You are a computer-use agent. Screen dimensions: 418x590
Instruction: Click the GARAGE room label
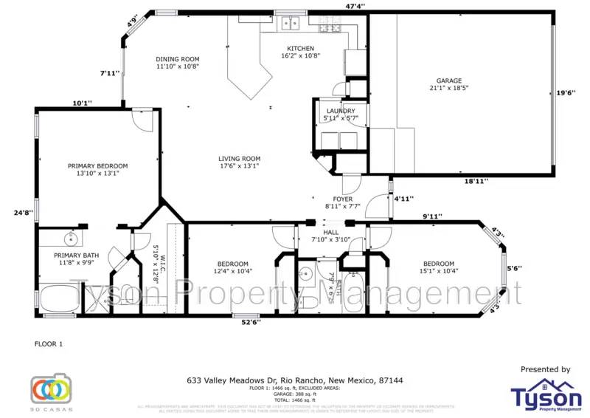point(448,81)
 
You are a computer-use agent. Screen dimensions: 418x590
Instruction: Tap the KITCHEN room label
point(300,49)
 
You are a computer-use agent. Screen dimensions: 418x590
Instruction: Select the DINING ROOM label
point(177,59)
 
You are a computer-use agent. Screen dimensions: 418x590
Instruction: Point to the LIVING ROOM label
point(239,159)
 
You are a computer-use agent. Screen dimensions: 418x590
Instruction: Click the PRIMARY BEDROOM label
point(97,166)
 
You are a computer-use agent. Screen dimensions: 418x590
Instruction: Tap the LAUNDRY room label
point(341,112)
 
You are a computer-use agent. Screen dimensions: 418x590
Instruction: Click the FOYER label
point(343,199)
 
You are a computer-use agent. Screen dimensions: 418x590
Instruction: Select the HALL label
point(331,233)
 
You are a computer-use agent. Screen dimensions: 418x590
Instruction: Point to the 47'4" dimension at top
point(355,6)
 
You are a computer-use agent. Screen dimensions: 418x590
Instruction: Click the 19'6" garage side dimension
point(566,93)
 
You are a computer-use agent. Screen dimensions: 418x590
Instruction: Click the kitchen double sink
point(290,23)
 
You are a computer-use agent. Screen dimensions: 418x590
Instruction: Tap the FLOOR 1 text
point(49,344)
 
